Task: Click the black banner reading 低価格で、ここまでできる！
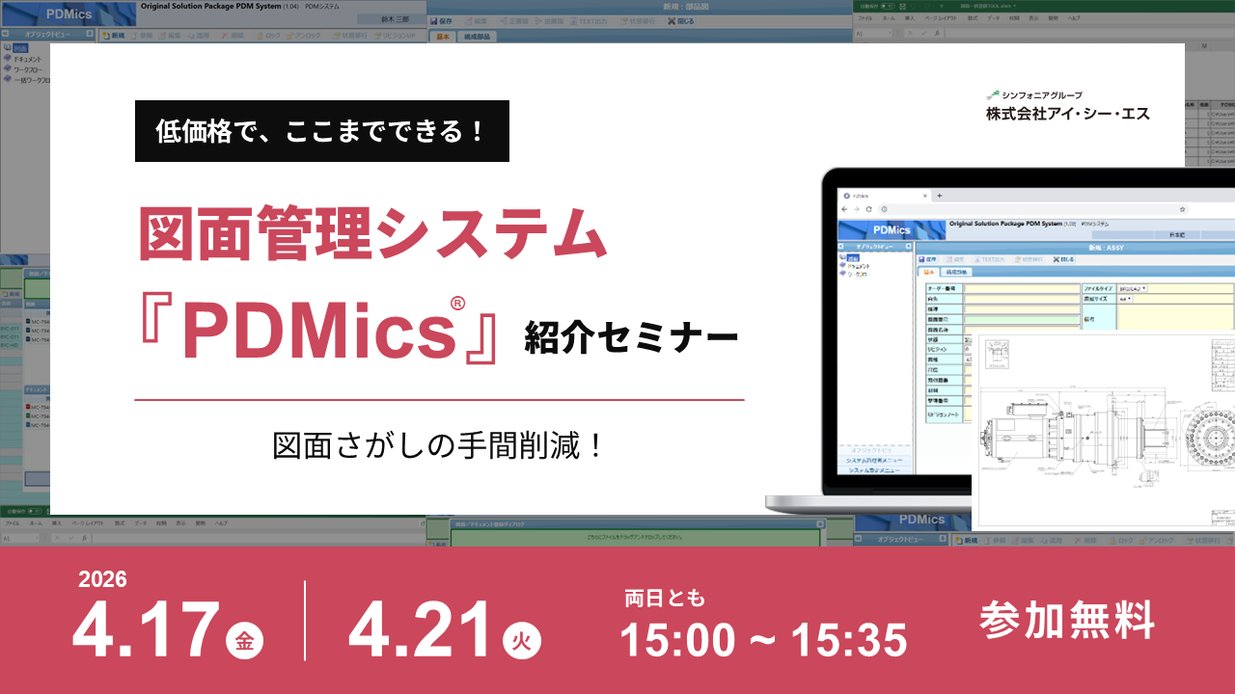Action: (322, 131)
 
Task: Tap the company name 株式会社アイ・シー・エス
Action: (1067, 114)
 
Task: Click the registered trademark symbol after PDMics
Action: (457, 303)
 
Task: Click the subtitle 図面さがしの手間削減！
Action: (439, 445)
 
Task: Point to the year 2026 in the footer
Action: (102, 579)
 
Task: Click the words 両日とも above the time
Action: (664, 599)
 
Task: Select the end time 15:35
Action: (850, 639)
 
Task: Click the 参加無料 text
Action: (1066, 620)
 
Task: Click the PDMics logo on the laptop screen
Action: (891, 230)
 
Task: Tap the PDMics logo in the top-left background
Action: (67, 13)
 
